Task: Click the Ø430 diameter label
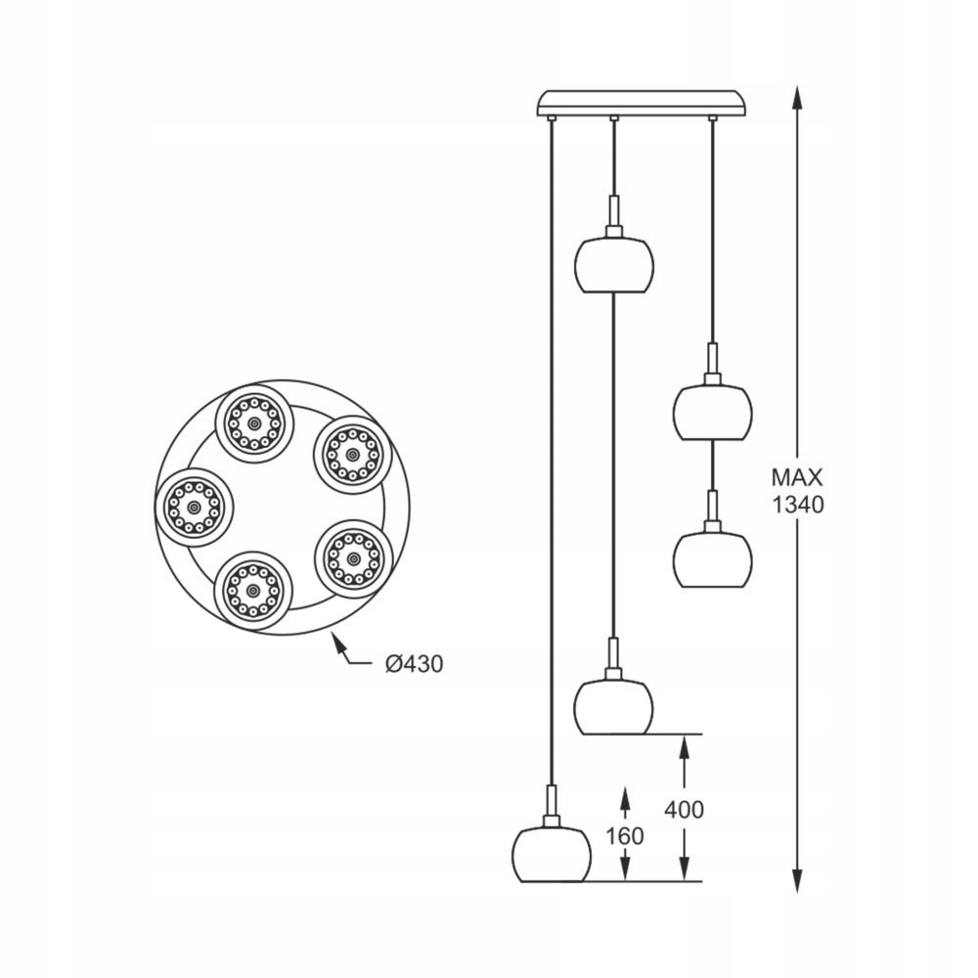coord(414,664)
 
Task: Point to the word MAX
coord(797,478)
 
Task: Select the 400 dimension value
coord(684,810)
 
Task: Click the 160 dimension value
coord(625,836)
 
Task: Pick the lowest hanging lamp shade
coord(553,854)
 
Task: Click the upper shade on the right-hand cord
coord(712,412)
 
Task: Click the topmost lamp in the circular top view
coord(252,423)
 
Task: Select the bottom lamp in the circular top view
coord(252,592)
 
